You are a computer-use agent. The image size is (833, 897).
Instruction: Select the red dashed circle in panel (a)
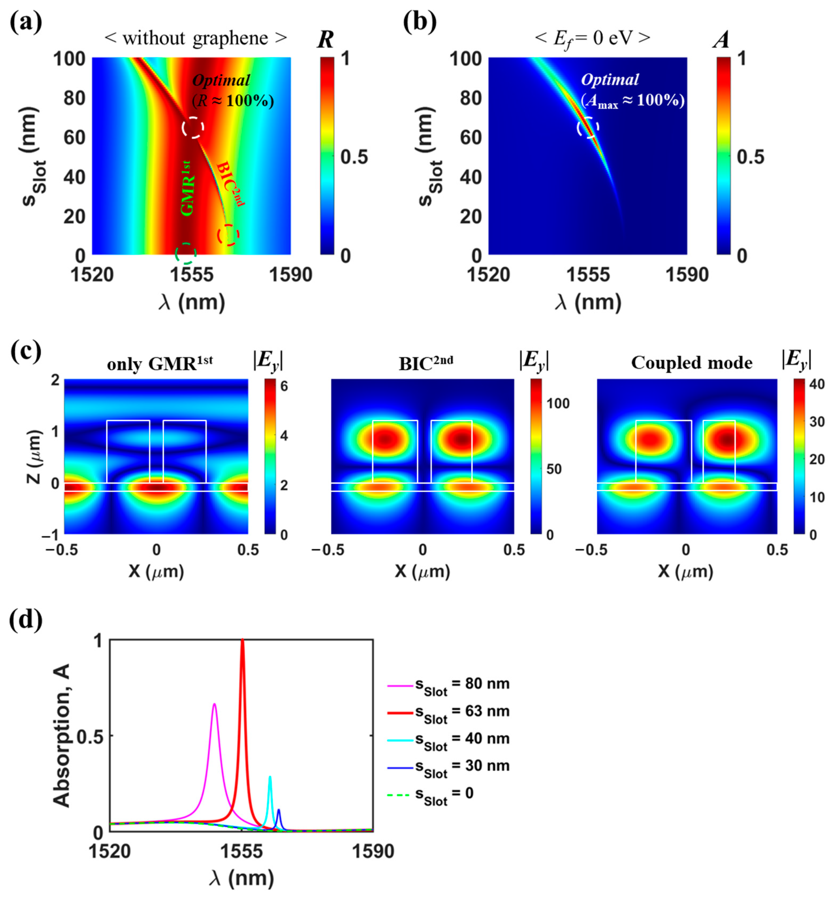[x=228, y=235]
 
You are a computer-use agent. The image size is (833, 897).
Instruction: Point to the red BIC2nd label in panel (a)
[x=230, y=184]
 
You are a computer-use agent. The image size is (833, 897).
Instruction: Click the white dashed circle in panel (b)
[x=588, y=128]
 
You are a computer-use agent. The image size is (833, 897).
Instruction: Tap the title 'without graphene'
[x=196, y=38]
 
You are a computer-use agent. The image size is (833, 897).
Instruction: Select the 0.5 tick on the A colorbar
[x=750, y=157]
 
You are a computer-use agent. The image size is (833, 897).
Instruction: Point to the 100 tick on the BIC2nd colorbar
[x=557, y=403]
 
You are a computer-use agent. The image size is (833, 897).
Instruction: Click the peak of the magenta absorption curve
[x=215, y=704]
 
